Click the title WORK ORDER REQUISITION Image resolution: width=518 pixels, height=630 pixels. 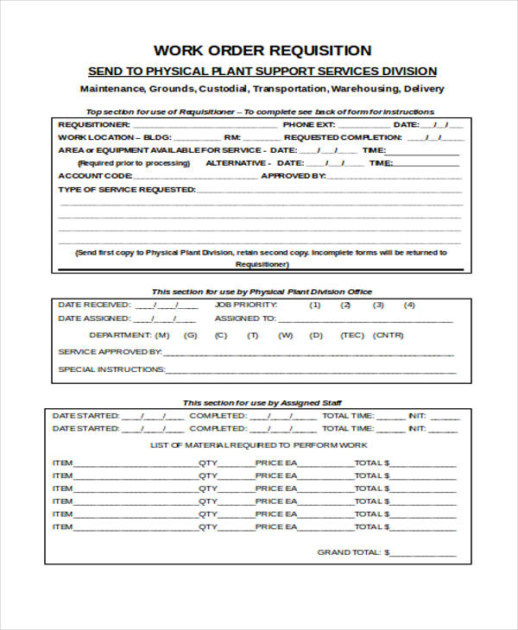[262, 51]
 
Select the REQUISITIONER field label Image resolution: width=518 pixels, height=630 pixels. [88, 125]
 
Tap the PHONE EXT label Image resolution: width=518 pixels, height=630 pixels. [306, 125]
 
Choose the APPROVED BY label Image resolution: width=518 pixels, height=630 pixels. [293, 175]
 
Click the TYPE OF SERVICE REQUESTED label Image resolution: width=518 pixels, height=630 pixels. [126, 188]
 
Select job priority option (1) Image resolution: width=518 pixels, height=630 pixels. [315, 305]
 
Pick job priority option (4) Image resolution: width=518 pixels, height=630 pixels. [409, 305]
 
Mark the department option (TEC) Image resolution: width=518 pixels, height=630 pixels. [352, 335]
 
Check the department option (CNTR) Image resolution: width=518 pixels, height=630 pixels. [389, 335]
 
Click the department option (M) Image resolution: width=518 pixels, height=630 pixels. [162, 335]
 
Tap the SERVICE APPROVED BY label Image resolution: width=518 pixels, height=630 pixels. [110, 352]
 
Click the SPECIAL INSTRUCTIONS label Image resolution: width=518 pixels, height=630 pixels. [111, 369]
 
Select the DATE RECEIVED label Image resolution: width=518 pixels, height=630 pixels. [94, 305]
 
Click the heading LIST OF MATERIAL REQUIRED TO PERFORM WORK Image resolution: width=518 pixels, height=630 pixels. [259, 445]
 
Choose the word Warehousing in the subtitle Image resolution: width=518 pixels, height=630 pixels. [366, 89]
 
